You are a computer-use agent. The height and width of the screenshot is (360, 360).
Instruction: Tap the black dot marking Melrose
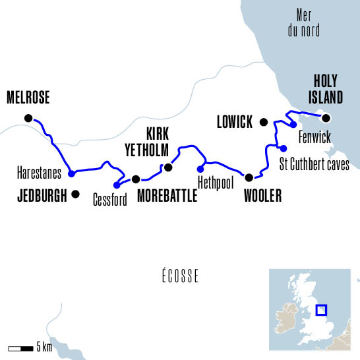point(28,118)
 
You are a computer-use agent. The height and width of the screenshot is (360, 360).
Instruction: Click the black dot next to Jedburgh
point(76,194)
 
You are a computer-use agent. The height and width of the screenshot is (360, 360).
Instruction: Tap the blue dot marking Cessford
point(117,185)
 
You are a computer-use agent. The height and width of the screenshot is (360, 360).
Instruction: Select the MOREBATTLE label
point(167,195)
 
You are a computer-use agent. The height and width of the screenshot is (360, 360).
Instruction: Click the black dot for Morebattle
point(136,179)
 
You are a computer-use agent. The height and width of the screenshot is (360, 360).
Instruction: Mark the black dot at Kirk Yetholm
point(167,167)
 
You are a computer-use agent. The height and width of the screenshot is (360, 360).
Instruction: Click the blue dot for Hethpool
point(200,167)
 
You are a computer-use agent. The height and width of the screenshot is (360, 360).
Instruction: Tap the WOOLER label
point(262,196)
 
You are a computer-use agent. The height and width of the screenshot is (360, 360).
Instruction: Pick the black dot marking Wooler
point(249,177)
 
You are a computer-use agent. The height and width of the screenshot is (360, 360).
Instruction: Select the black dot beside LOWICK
point(263,121)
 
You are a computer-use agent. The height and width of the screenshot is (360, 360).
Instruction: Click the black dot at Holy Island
point(325,118)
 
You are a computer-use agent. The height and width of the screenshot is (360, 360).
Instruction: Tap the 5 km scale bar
point(19,347)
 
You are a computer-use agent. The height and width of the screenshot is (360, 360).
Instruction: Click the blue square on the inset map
point(322,310)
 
